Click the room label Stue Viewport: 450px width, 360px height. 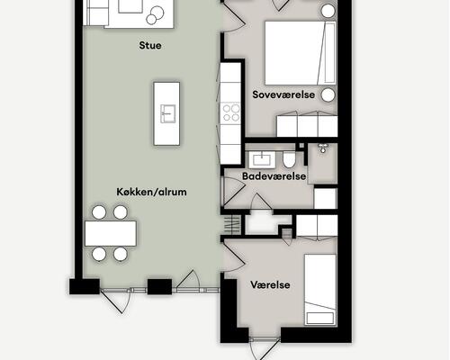[151, 45]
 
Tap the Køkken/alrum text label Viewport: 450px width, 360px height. [151, 191]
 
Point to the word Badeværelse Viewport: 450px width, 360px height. [275, 176]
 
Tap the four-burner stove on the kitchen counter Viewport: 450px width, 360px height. [231, 113]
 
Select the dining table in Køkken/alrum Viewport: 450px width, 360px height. [110, 234]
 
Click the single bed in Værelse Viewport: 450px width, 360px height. [319, 288]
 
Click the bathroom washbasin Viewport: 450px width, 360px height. [262, 159]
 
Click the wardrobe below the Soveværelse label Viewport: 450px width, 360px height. [305, 125]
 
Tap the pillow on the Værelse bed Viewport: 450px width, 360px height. [319, 316]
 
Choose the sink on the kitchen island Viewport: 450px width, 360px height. [167, 112]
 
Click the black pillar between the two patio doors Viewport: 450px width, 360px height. [158, 287]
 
